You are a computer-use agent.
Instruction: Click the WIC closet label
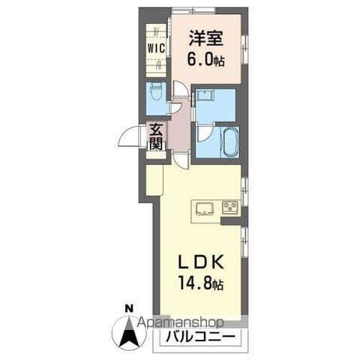[x=157, y=46]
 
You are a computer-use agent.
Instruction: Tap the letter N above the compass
[x=128, y=308]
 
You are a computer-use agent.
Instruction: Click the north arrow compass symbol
[x=128, y=330]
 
